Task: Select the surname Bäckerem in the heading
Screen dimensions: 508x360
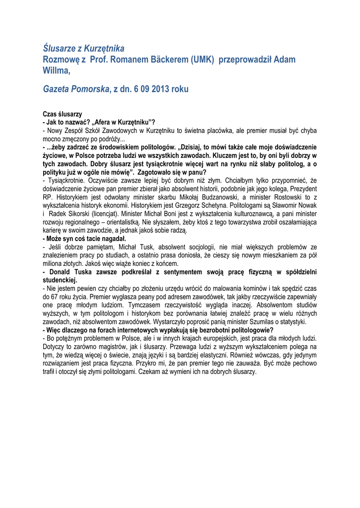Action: (160, 60)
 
